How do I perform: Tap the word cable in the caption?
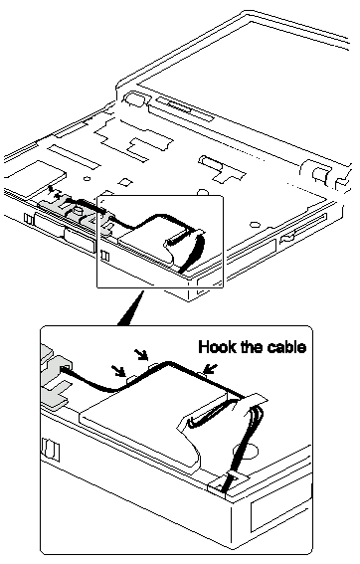tap(287, 347)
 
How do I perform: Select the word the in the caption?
tap(252, 347)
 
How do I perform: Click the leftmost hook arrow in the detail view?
tap(118, 371)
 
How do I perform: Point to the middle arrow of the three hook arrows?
tap(141, 354)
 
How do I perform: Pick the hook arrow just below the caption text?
tap(211, 368)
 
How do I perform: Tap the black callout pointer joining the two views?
tap(130, 307)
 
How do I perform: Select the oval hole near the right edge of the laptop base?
tap(255, 225)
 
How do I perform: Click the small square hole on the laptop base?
tap(125, 182)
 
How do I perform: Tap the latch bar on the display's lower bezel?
tap(178, 106)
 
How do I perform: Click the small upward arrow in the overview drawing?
tap(51, 189)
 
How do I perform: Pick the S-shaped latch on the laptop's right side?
tap(288, 237)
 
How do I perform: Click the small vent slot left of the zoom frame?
tap(27, 219)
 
